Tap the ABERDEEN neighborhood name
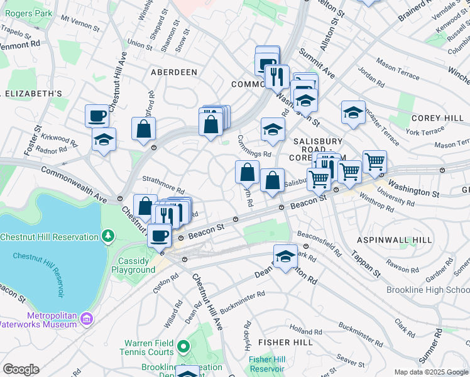pos(174,72)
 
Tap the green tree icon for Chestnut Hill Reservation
pos(109,236)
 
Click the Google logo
pos(21,369)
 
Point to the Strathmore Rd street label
pos(163,185)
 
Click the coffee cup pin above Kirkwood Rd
pos(97,115)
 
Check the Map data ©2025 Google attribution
pos(430,372)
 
